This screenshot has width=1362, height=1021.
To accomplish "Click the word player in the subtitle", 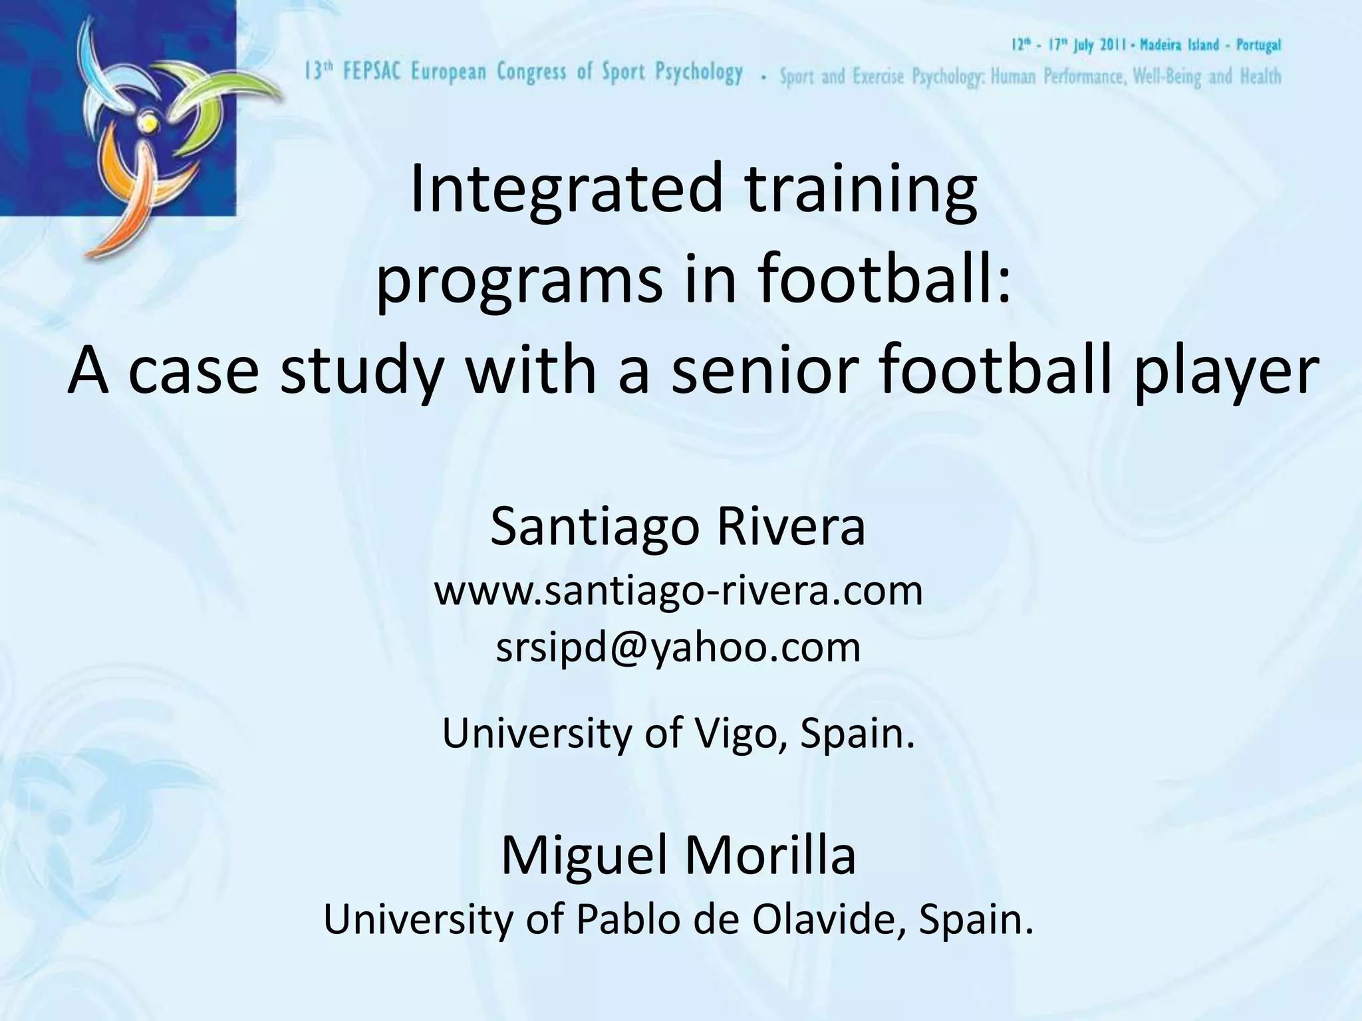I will click(1226, 371).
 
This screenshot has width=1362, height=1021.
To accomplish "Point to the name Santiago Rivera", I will click(678, 526).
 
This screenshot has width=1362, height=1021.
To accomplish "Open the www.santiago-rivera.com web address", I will click(678, 590).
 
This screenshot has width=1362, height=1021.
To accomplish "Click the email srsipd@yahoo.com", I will click(678, 647).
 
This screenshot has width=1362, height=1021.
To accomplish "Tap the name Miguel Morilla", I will click(678, 855).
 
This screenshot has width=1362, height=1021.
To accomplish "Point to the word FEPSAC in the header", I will click(372, 72).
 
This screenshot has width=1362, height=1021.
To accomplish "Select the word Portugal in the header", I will click(1258, 45).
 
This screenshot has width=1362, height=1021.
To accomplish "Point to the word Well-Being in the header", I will click(1168, 77).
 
